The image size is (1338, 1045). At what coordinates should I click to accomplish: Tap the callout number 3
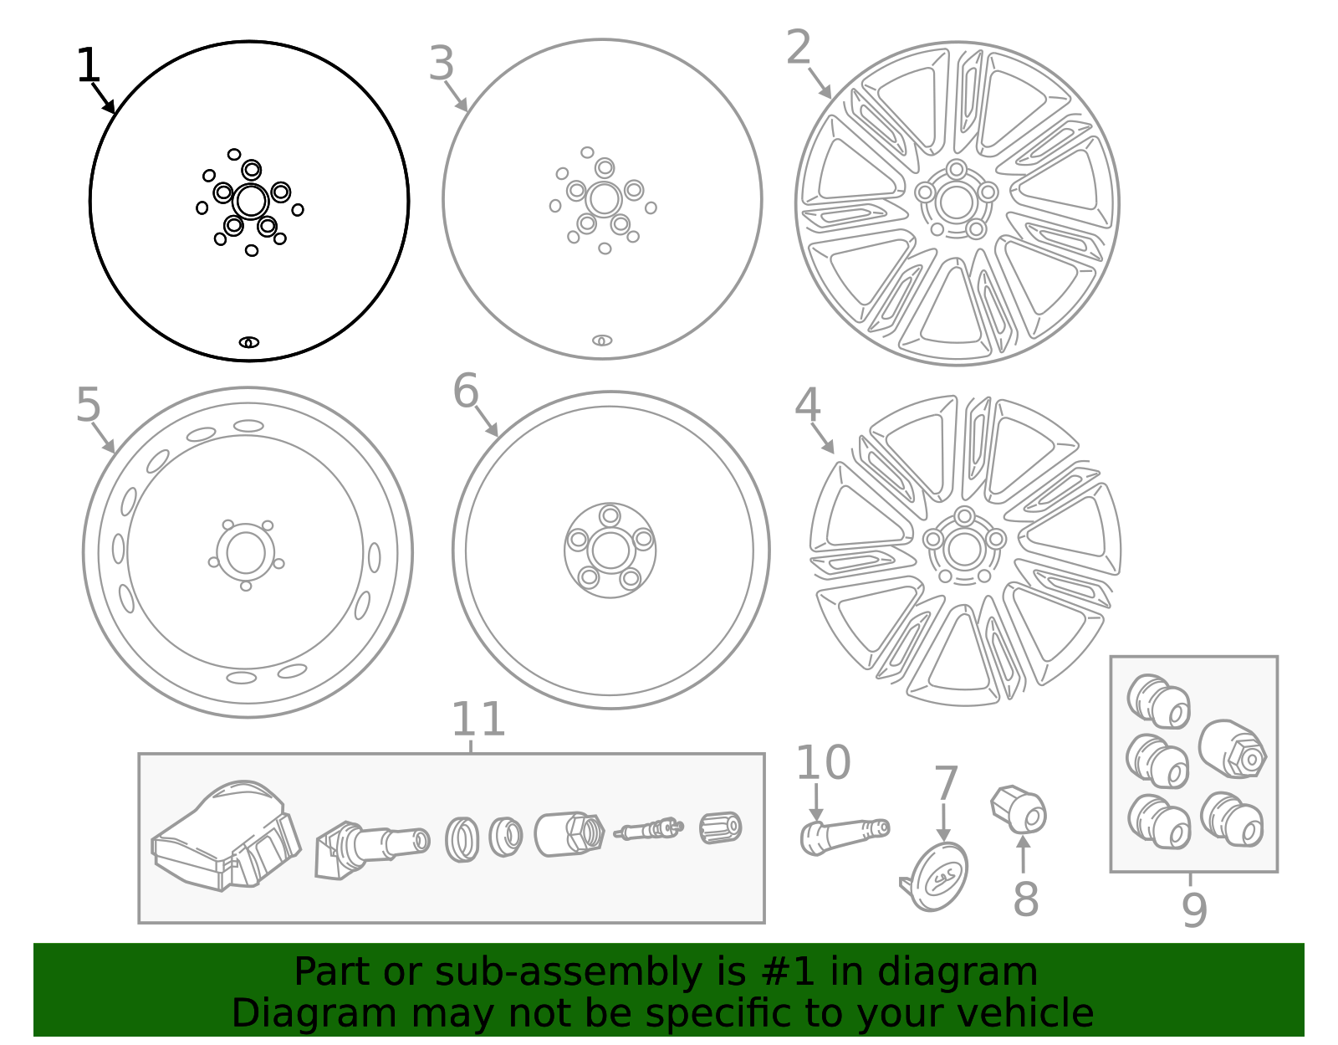click(441, 64)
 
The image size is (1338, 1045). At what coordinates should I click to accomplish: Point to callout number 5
click(88, 405)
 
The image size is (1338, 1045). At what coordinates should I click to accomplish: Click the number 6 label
click(466, 391)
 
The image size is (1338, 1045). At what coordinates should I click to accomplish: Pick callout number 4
click(807, 405)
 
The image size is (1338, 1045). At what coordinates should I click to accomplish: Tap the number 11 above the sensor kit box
click(477, 720)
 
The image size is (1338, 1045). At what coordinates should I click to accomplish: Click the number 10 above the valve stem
click(822, 762)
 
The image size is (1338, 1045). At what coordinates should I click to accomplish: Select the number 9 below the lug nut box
click(1194, 909)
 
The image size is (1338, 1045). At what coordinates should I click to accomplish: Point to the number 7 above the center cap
click(946, 784)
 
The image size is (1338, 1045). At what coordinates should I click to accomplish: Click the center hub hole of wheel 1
click(251, 201)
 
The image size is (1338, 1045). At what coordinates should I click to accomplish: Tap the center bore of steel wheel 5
click(246, 553)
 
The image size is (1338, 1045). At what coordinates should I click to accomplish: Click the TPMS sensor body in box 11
click(226, 837)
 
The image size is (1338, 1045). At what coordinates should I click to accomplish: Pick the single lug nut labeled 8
click(1019, 808)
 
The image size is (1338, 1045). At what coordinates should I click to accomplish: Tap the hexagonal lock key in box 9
click(1233, 749)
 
